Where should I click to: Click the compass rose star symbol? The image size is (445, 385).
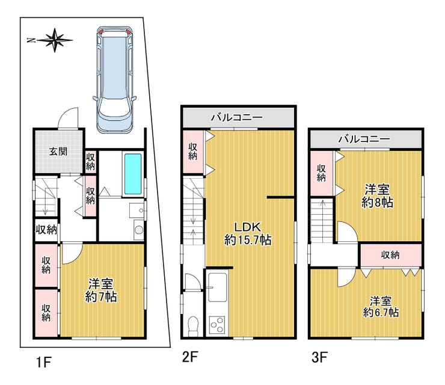[x=55, y=40]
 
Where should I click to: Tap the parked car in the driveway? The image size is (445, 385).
[x=114, y=80]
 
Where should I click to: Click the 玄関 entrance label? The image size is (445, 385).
[x=58, y=152]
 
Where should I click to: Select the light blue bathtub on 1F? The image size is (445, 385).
[x=132, y=174]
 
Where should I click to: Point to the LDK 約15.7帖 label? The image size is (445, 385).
[x=248, y=233]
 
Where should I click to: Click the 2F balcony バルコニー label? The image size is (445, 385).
[x=237, y=117]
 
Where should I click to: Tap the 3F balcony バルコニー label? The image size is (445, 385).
[x=364, y=139]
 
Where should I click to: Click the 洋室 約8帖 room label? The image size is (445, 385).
[x=377, y=196]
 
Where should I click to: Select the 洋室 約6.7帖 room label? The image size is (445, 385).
[x=381, y=307]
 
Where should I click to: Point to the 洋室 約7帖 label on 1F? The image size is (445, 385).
[x=101, y=290]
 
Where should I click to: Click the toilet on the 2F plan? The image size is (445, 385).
[x=194, y=325]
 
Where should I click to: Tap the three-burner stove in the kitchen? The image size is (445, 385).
[x=217, y=325]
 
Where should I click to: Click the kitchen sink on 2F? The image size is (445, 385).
[x=218, y=288]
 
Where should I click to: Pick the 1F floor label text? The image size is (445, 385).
[x=44, y=362]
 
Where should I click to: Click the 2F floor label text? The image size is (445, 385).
[x=189, y=357]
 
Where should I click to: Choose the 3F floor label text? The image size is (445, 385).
[x=319, y=357]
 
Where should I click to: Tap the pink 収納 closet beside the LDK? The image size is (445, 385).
[x=193, y=152]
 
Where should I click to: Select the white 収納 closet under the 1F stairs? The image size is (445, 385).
[x=46, y=230]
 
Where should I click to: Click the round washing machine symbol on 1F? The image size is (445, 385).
[x=139, y=230]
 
